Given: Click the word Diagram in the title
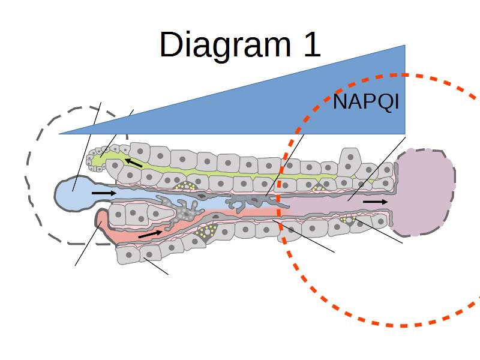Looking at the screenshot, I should point(223,45).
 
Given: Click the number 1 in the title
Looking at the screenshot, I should point(310,44).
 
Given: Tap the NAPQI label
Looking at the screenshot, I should point(365,102).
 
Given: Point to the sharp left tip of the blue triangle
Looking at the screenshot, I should point(60,133).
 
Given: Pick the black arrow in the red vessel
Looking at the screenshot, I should point(150,233).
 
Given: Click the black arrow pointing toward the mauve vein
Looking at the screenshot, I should point(375,202).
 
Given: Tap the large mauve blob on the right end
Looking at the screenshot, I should point(424,191).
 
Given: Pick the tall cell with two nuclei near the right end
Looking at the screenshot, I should point(350,162).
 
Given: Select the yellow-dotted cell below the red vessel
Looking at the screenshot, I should point(208,230).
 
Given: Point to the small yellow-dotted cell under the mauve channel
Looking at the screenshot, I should point(348,220).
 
